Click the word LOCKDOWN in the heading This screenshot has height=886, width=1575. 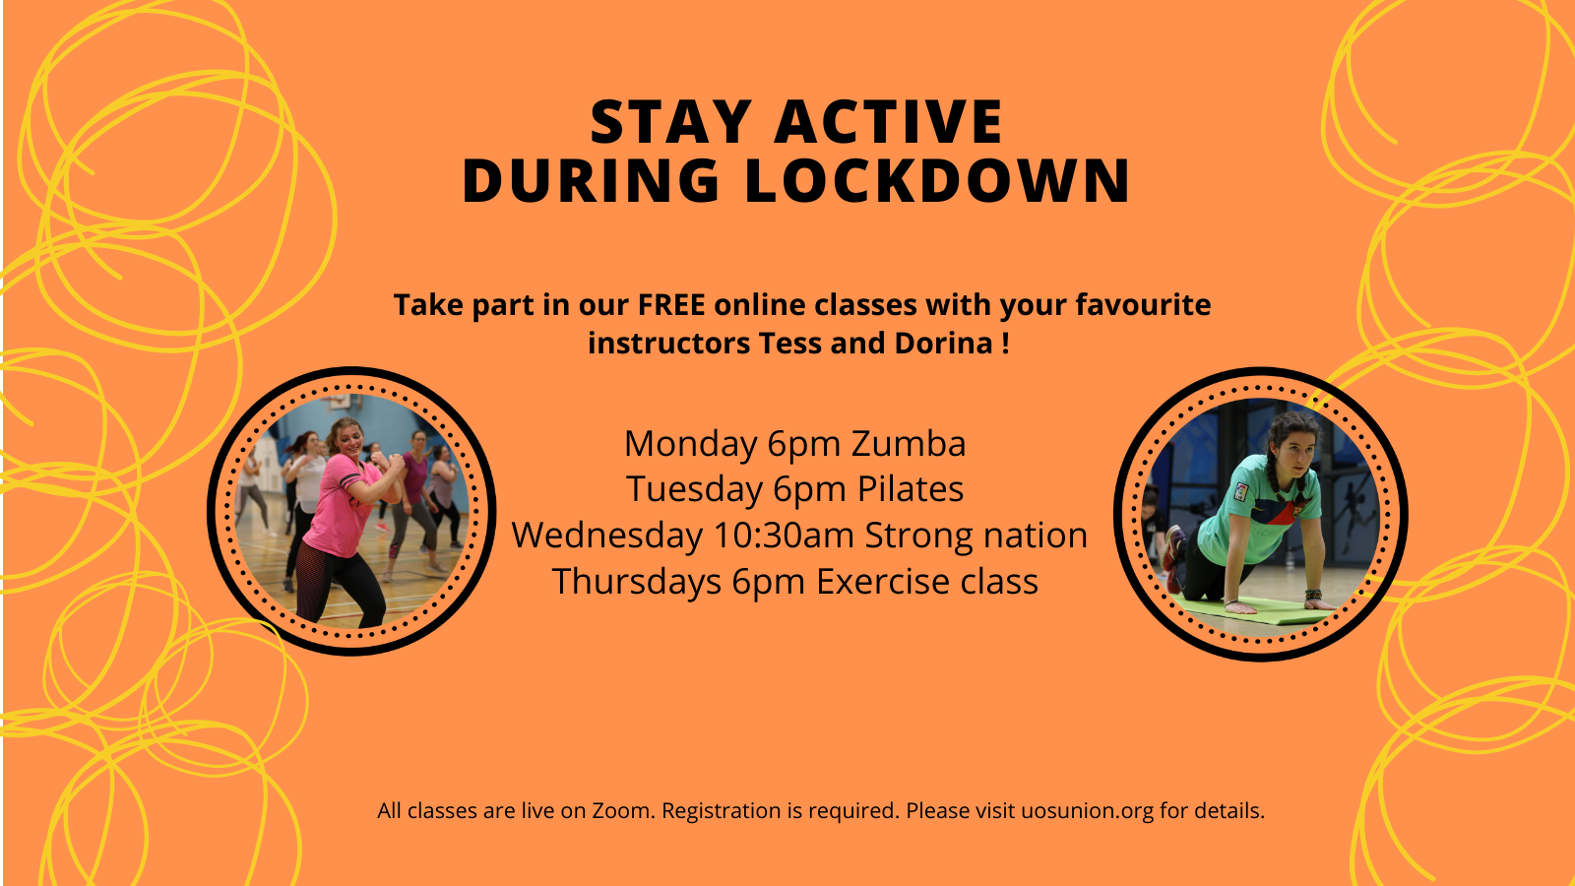(x=937, y=181)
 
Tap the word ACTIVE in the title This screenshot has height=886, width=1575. (x=889, y=122)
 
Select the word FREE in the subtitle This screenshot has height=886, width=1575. (x=671, y=305)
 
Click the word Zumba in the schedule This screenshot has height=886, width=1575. (x=909, y=444)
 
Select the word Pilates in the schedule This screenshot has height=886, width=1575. (x=910, y=489)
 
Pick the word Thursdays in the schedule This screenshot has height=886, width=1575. (x=637, y=582)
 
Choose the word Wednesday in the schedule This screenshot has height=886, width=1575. (x=606, y=536)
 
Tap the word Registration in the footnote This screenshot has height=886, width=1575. (x=721, y=811)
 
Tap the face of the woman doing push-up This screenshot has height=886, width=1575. (x=1295, y=452)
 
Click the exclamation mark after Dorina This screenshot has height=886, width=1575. (x=1005, y=344)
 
